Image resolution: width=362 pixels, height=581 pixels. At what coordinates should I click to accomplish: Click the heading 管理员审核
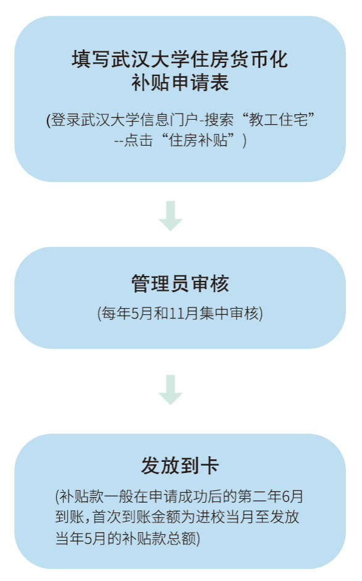180,283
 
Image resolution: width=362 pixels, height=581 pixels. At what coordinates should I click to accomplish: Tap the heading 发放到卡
180,466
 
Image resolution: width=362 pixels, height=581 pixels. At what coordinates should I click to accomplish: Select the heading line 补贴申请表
180,82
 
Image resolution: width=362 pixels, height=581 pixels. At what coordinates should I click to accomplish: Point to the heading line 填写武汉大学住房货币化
180,59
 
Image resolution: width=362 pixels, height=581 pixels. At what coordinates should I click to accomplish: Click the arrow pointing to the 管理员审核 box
170,215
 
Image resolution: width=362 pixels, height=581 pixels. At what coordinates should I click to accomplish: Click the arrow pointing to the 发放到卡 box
170,390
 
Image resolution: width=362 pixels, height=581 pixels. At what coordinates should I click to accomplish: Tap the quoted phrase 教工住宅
279,120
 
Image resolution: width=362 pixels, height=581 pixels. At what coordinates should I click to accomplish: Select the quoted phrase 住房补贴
198,140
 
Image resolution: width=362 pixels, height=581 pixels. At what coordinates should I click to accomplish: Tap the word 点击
138,140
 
